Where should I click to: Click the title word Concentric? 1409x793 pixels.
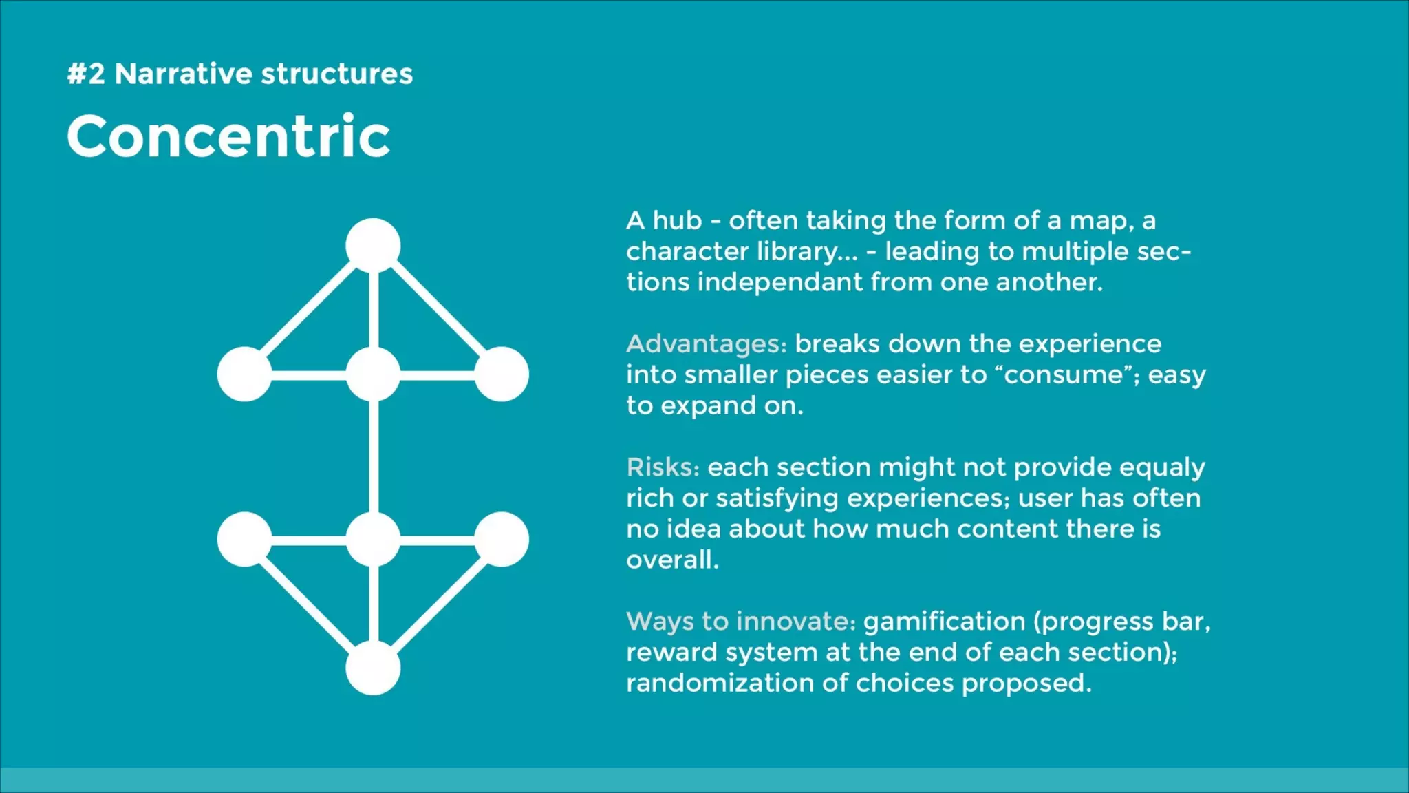[x=228, y=136]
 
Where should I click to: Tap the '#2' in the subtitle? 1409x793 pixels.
[x=86, y=74]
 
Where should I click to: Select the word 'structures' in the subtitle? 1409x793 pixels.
[x=336, y=74]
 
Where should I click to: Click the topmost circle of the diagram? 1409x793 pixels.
[x=373, y=246]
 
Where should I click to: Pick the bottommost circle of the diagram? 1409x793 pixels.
[x=373, y=668]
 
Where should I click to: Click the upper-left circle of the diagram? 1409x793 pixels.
[x=244, y=374]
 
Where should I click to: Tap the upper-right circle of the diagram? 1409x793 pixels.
[x=502, y=374]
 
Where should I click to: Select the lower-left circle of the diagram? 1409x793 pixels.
[x=244, y=539]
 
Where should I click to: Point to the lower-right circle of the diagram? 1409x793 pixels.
[x=502, y=539]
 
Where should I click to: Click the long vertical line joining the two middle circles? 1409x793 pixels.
[x=374, y=456]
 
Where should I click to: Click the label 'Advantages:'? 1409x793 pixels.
[x=706, y=343]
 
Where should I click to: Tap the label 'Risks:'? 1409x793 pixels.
[x=663, y=467]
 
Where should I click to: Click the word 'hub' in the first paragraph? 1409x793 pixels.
[x=677, y=221]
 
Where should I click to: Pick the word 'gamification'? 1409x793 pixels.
[x=944, y=622]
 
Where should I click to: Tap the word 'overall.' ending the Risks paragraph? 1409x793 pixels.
[x=672, y=560]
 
